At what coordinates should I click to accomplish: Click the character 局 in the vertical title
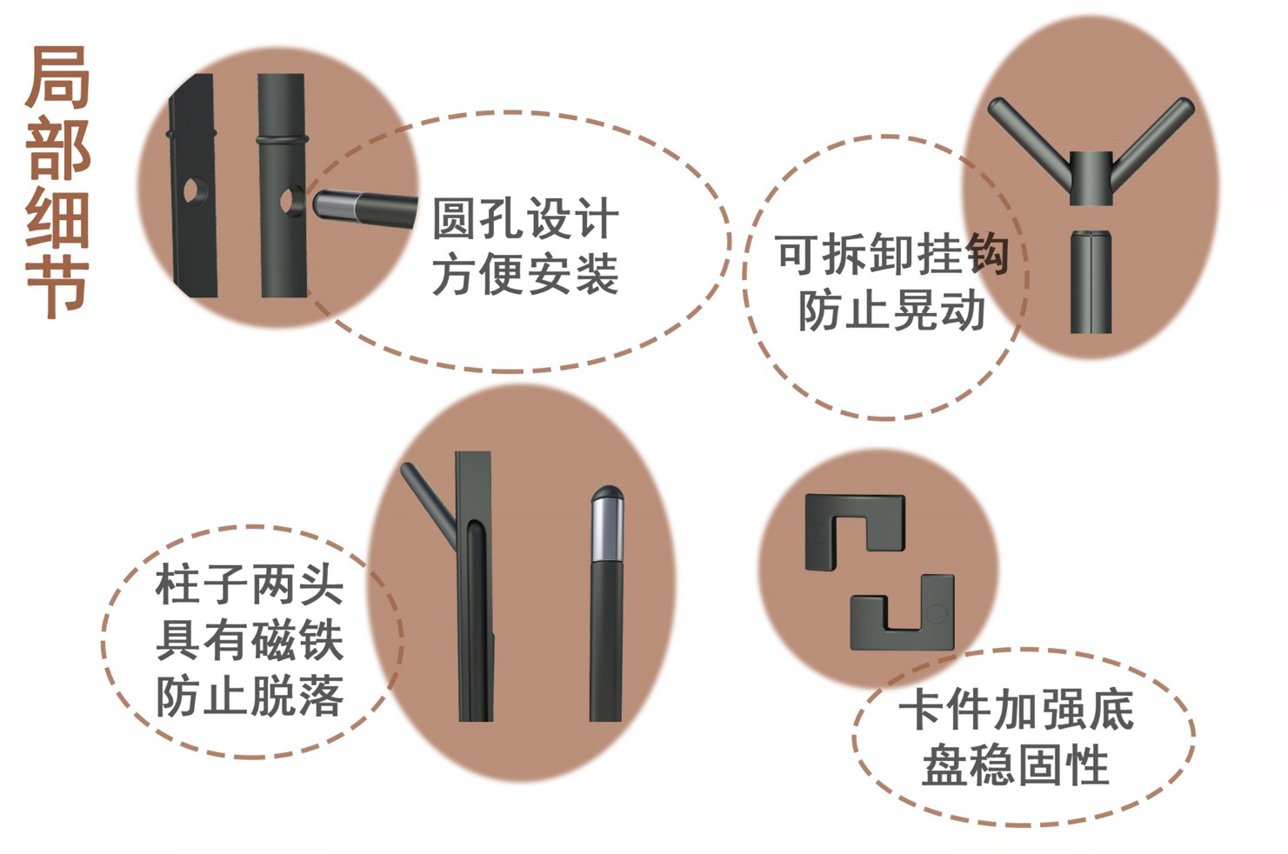pos(57,77)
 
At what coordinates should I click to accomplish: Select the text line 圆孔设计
pos(525,218)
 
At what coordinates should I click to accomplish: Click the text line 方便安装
pos(525,274)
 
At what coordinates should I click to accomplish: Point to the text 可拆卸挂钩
pos(891,254)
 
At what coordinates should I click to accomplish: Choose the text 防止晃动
pos(891,310)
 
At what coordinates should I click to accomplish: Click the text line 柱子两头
pos(250,584)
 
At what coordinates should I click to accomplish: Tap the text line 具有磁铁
pos(250,640)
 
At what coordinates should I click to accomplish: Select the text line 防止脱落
pos(250,696)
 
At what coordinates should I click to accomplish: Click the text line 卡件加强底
pos(1017,710)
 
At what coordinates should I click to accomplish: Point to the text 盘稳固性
pos(1016,765)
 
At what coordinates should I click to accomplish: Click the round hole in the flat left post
pos(195,190)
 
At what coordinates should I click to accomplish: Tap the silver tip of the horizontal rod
pos(335,204)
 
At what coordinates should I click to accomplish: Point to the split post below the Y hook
pos(1091,281)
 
